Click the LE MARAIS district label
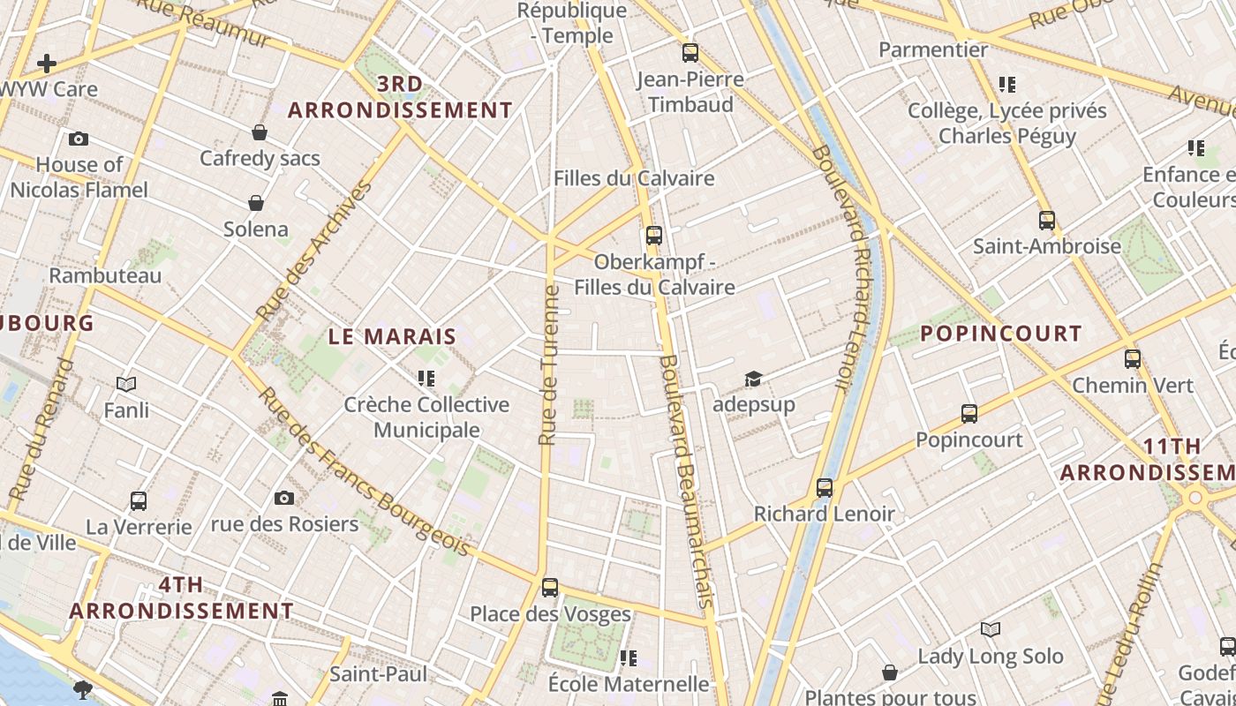(392, 336)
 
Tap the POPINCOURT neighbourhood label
(1001, 334)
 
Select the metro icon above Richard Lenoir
(825, 487)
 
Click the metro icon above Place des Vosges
(550, 587)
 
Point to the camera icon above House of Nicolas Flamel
(79, 139)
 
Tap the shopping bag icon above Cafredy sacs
(260, 132)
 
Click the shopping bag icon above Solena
(256, 203)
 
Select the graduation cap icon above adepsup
(753, 379)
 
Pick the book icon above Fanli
(126, 384)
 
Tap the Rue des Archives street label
(313, 251)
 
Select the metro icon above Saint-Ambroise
(1047, 221)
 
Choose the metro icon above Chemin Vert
(1133, 359)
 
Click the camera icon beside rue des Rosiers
(284, 498)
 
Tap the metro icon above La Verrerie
(139, 501)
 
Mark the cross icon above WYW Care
(47, 64)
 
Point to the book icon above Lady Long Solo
(991, 629)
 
